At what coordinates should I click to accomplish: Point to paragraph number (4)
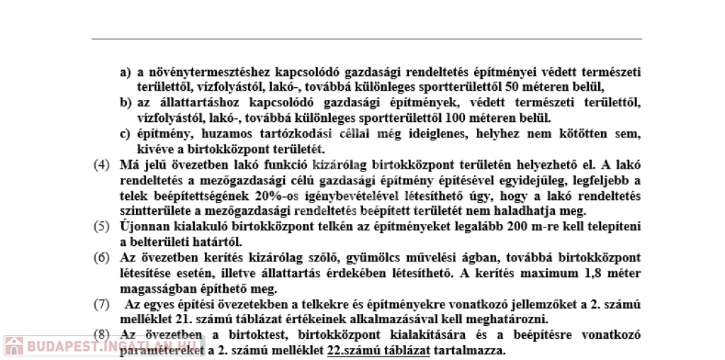pos(102,165)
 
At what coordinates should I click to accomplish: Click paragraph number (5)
pos(102,227)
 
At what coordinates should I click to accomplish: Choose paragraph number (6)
pos(102,257)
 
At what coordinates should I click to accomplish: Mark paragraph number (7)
pos(102,304)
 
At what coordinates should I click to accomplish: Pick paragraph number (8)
pos(102,335)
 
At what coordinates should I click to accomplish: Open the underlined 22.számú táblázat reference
pos(379,351)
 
